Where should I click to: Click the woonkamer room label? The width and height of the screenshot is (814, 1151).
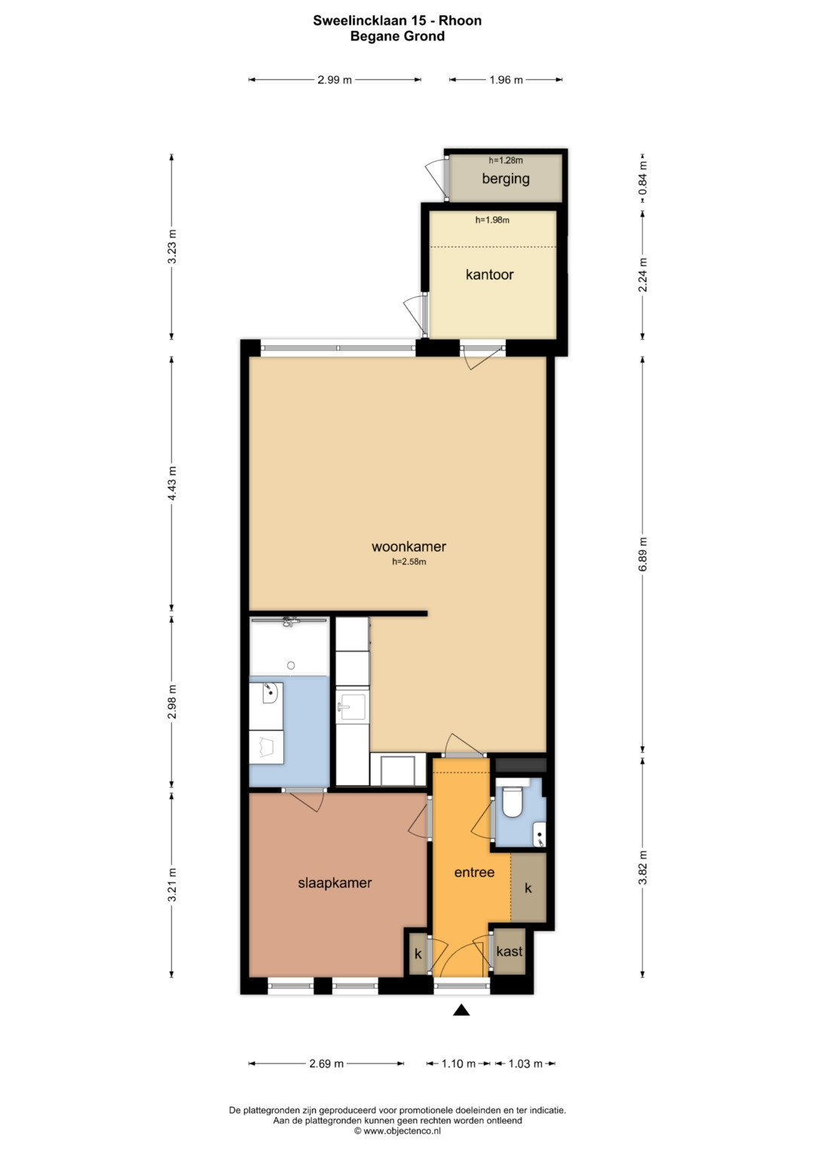tap(409, 546)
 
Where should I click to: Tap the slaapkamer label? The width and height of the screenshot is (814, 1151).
tap(335, 883)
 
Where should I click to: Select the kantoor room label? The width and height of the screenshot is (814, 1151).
tap(489, 274)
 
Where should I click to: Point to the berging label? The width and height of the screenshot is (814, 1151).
tap(506, 179)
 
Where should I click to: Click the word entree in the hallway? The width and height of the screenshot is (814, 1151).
tap(474, 873)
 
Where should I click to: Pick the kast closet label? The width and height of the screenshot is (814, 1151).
tap(510, 952)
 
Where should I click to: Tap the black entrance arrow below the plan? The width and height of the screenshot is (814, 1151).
tap(461, 1010)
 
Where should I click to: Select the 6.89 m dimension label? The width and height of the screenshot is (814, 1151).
tap(643, 554)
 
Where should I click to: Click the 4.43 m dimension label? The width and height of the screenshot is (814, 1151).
tap(172, 483)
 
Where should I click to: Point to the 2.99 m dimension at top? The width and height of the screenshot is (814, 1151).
tap(335, 80)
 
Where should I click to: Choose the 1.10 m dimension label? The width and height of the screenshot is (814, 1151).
tap(458, 1064)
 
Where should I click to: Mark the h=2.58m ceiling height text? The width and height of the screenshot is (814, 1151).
tap(409, 562)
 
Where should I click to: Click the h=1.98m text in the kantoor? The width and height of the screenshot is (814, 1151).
tap(492, 220)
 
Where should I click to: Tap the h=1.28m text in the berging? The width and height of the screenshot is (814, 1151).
tap(506, 161)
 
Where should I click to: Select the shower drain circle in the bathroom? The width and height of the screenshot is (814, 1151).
tap(291, 666)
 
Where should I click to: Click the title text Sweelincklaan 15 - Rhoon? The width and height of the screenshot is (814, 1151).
tap(397, 20)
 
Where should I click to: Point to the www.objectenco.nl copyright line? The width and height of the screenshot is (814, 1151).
tap(397, 1131)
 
